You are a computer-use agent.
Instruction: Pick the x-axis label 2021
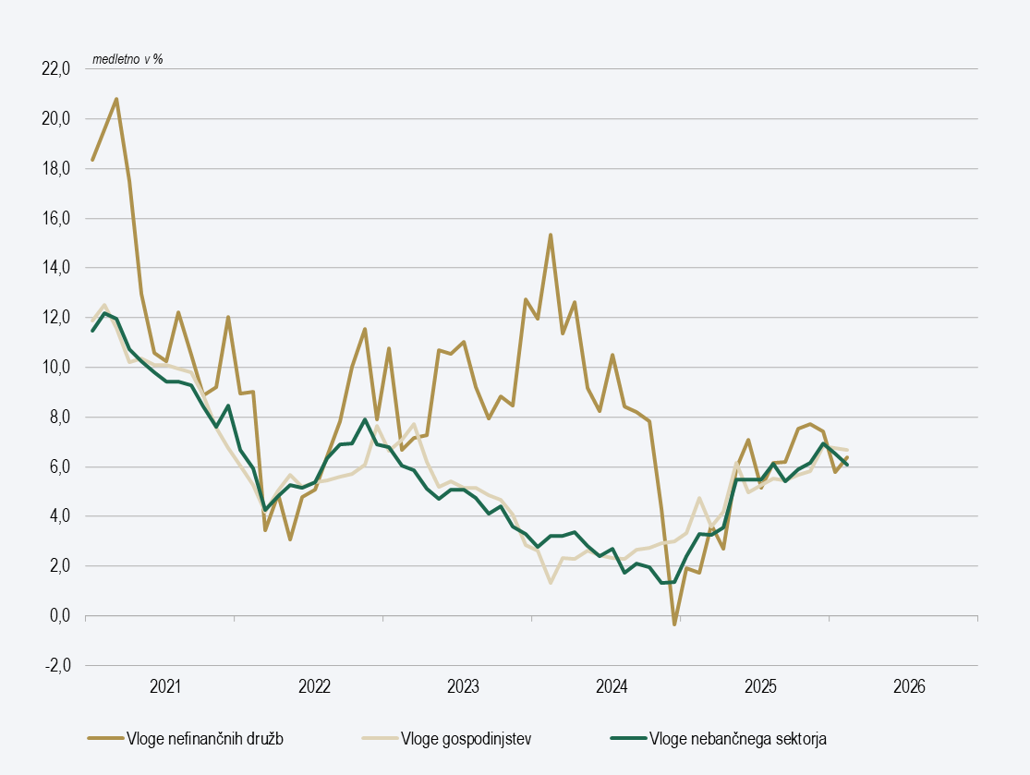coord(165,687)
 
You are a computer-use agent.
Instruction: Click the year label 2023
coord(463,687)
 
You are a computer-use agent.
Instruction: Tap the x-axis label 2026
coord(909,687)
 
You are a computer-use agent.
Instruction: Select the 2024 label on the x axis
coord(612,687)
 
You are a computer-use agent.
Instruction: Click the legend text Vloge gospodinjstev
coord(466,738)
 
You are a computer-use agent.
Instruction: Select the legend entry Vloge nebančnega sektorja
coord(739,738)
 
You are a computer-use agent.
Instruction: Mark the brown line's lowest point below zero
coord(674,624)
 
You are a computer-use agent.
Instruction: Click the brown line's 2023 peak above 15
coord(551,235)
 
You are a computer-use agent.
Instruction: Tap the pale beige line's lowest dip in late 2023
coord(551,583)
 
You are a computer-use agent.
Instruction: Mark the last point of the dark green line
coord(847,465)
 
